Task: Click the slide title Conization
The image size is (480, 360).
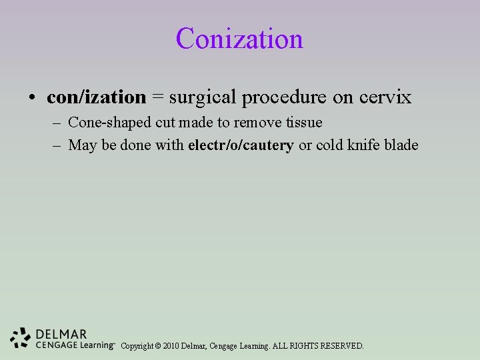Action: (x=239, y=39)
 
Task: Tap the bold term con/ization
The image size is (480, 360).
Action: (x=96, y=97)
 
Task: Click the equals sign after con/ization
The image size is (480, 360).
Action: (x=157, y=98)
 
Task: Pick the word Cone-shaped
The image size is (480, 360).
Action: (x=108, y=123)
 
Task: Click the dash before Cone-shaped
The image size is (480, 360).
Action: (x=59, y=123)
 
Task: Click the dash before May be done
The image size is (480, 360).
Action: (x=59, y=146)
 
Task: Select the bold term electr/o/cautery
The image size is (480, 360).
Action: (x=241, y=145)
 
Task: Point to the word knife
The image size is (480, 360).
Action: (x=363, y=145)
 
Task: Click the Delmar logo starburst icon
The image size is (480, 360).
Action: (x=21, y=338)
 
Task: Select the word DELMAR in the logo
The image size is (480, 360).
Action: (x=61, y=334)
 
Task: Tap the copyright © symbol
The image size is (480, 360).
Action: (x=157, y=346)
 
